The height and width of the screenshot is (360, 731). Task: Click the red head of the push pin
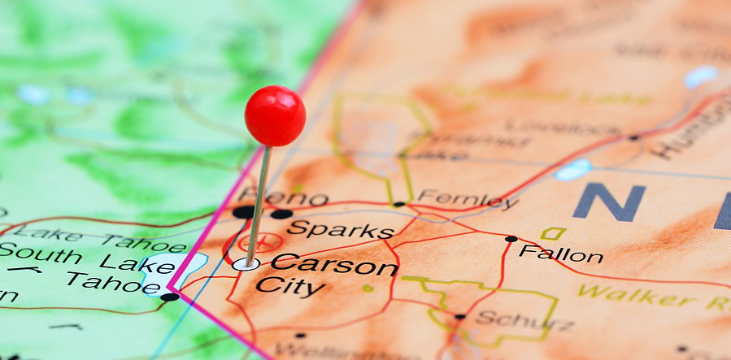coord(275,115)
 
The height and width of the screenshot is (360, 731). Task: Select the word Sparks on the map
coord(340,228)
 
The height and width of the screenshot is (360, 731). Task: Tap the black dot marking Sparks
coord(281,215)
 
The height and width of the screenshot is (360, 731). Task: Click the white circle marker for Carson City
coord(245,264)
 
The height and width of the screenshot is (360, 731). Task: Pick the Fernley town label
coord(468,199)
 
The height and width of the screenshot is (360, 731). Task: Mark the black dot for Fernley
coord(398,204)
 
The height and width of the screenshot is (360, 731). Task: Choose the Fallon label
coord(561,254)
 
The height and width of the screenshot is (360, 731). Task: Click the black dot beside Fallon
coord(511,239)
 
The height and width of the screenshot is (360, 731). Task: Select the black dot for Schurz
coord(460,316)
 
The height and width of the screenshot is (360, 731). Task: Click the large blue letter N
coord(609,202)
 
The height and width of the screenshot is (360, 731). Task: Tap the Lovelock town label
coord(553,128)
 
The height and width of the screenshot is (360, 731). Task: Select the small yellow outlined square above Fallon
coord(554,233)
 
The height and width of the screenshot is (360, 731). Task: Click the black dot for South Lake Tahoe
coord(170,297)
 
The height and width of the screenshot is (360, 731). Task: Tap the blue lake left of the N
coord(573,169)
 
